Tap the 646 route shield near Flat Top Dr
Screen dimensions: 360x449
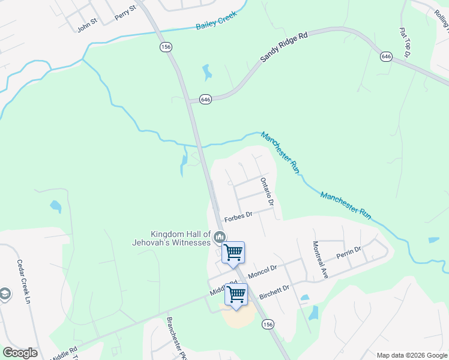(386, 56)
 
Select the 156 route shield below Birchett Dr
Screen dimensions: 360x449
(268, 324)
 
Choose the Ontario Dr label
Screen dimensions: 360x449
(267, 191)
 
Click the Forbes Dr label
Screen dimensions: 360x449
(238, 215)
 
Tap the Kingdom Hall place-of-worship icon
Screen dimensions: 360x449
(220, 238)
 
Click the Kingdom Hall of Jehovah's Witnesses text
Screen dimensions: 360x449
(172, 238)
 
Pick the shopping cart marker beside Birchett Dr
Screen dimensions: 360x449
(237, 294)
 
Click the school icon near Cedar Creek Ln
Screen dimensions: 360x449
(5, 295)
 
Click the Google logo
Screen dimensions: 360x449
(20, 352)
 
